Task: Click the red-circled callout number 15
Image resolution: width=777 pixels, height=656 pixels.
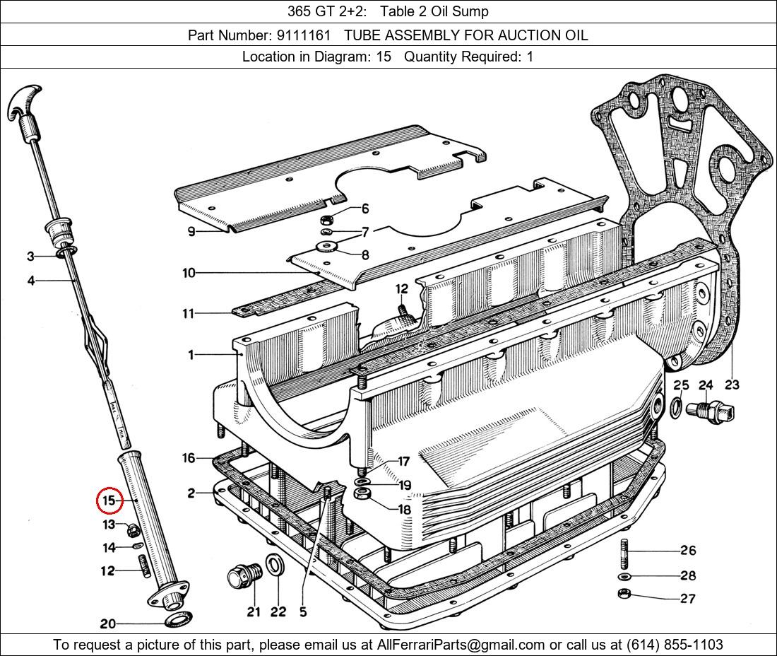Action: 109,501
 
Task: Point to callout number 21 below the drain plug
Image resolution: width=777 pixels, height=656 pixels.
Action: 254,612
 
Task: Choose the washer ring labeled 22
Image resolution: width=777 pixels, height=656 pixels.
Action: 274,568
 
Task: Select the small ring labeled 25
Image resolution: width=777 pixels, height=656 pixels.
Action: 676,407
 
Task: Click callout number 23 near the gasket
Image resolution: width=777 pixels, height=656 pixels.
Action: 732,385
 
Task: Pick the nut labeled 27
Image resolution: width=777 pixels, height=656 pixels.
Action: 624,594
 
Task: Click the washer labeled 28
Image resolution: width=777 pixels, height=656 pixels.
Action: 629,575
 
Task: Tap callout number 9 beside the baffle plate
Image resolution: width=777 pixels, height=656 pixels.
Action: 191,232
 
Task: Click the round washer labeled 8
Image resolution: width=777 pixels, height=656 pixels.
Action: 327,246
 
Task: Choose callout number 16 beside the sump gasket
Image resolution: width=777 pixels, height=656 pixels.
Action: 189,458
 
